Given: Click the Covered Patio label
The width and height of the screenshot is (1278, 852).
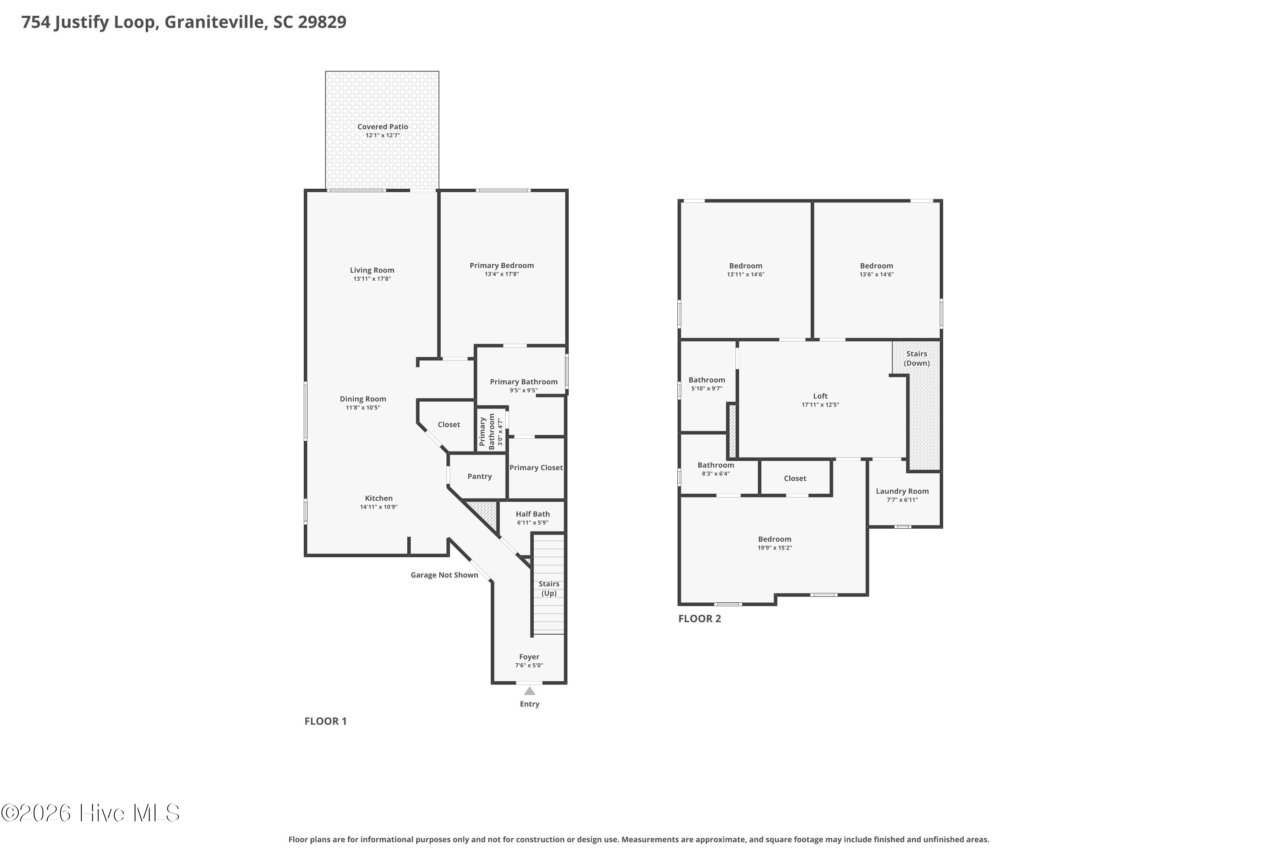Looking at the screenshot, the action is coord(383,127).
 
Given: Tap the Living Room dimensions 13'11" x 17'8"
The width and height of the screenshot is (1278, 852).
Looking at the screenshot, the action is coord(372,279).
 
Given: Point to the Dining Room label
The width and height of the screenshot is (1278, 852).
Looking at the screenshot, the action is coord(363,399).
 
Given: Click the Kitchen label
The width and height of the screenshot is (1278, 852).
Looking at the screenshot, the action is coord(379,498).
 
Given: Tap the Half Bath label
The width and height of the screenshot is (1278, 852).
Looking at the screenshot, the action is coord(532,514).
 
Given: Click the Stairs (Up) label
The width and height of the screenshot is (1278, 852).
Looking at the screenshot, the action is coord(549,588).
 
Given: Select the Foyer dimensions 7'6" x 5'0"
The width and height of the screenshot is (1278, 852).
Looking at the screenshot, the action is coord(529,665).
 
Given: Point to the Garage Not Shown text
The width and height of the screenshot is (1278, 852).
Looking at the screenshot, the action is coord(444,575).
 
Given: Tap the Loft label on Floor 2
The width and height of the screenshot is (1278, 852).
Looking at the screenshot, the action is coord(820,396).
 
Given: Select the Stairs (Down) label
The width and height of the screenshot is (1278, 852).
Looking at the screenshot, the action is coord(917,359).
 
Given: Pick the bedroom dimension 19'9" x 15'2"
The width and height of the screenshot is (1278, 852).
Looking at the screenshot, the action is coord(775,548).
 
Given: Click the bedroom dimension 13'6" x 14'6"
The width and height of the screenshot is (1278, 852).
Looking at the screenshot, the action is coord(876,274).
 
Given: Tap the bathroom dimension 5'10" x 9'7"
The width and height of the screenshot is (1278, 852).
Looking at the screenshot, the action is coord(706,389).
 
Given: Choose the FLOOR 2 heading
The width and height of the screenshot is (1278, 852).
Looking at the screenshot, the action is coord(700,619).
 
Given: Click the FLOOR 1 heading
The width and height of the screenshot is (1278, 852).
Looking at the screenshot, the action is coord(325,721).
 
